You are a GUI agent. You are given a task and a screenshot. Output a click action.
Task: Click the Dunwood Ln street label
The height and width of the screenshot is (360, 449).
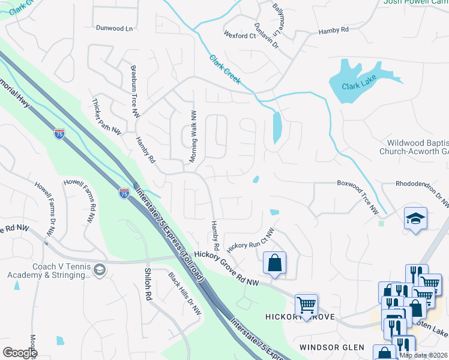click(114, 28)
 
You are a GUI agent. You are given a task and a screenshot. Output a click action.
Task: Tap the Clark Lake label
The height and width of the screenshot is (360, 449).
click(358, 86)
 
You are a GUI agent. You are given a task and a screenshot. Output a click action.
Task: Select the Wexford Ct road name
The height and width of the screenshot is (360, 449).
click(240, 36)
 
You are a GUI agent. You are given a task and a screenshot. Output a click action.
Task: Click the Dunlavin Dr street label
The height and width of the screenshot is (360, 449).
click(262, 37)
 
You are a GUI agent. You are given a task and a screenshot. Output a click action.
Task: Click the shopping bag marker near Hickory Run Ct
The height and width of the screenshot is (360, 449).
click(274, 263)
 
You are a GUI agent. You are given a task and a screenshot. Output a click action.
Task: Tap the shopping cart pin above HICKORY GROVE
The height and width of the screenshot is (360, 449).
click(307, 304)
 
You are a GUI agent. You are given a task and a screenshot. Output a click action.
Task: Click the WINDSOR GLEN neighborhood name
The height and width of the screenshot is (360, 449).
click(333, 347)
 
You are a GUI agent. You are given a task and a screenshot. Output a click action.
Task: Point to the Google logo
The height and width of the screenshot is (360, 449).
click(20, 352)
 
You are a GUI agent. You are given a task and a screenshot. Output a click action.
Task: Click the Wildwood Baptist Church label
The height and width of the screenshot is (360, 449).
click(414, 147)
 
